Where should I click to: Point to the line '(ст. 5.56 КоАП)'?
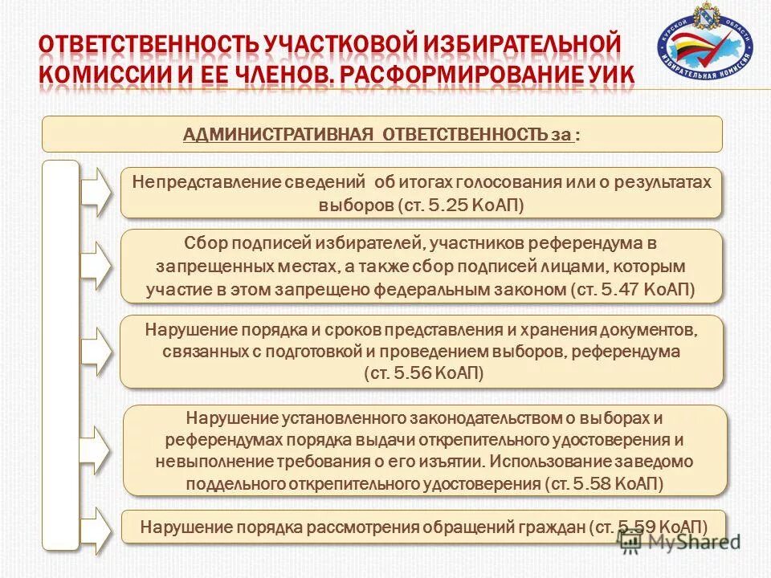[422, 373]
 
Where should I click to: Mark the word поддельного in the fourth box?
[228, 484]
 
